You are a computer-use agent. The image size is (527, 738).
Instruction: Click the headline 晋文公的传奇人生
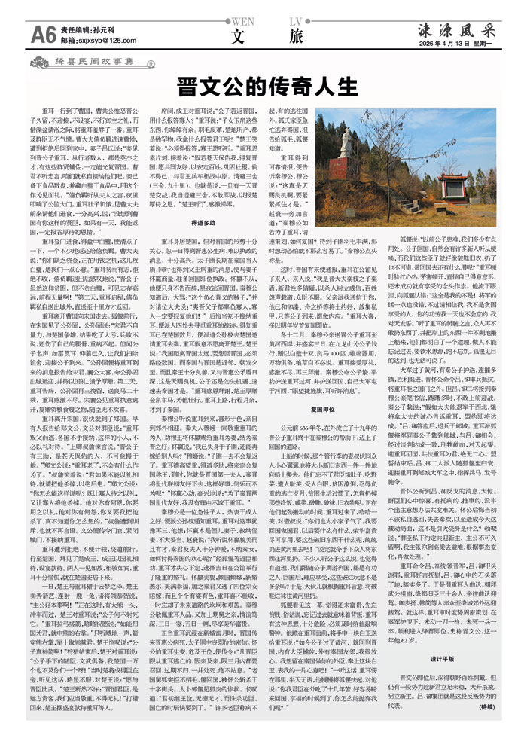click(x=263, y=83)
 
